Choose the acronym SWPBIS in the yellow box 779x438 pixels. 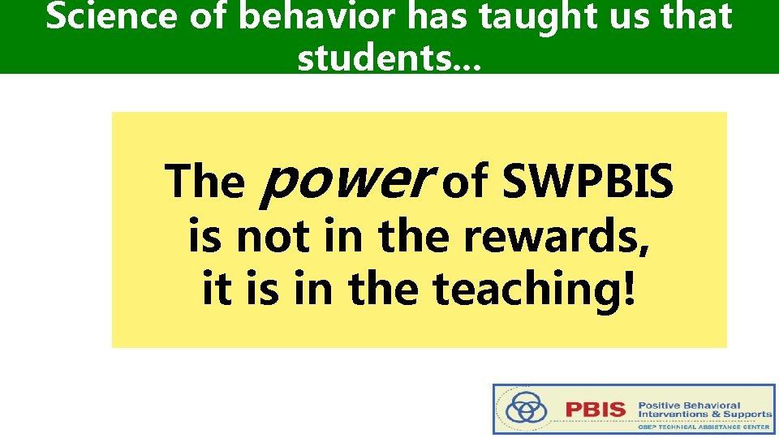tap(587, 181)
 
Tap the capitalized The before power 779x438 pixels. tap(204, 181)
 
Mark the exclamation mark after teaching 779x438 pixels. tap(628, 290)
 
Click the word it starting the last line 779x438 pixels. tap(215, 290)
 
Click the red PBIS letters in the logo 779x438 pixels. tap(596, 409)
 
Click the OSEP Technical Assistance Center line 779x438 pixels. tap(704, 426)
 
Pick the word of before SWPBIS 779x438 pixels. tap(463, 181)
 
